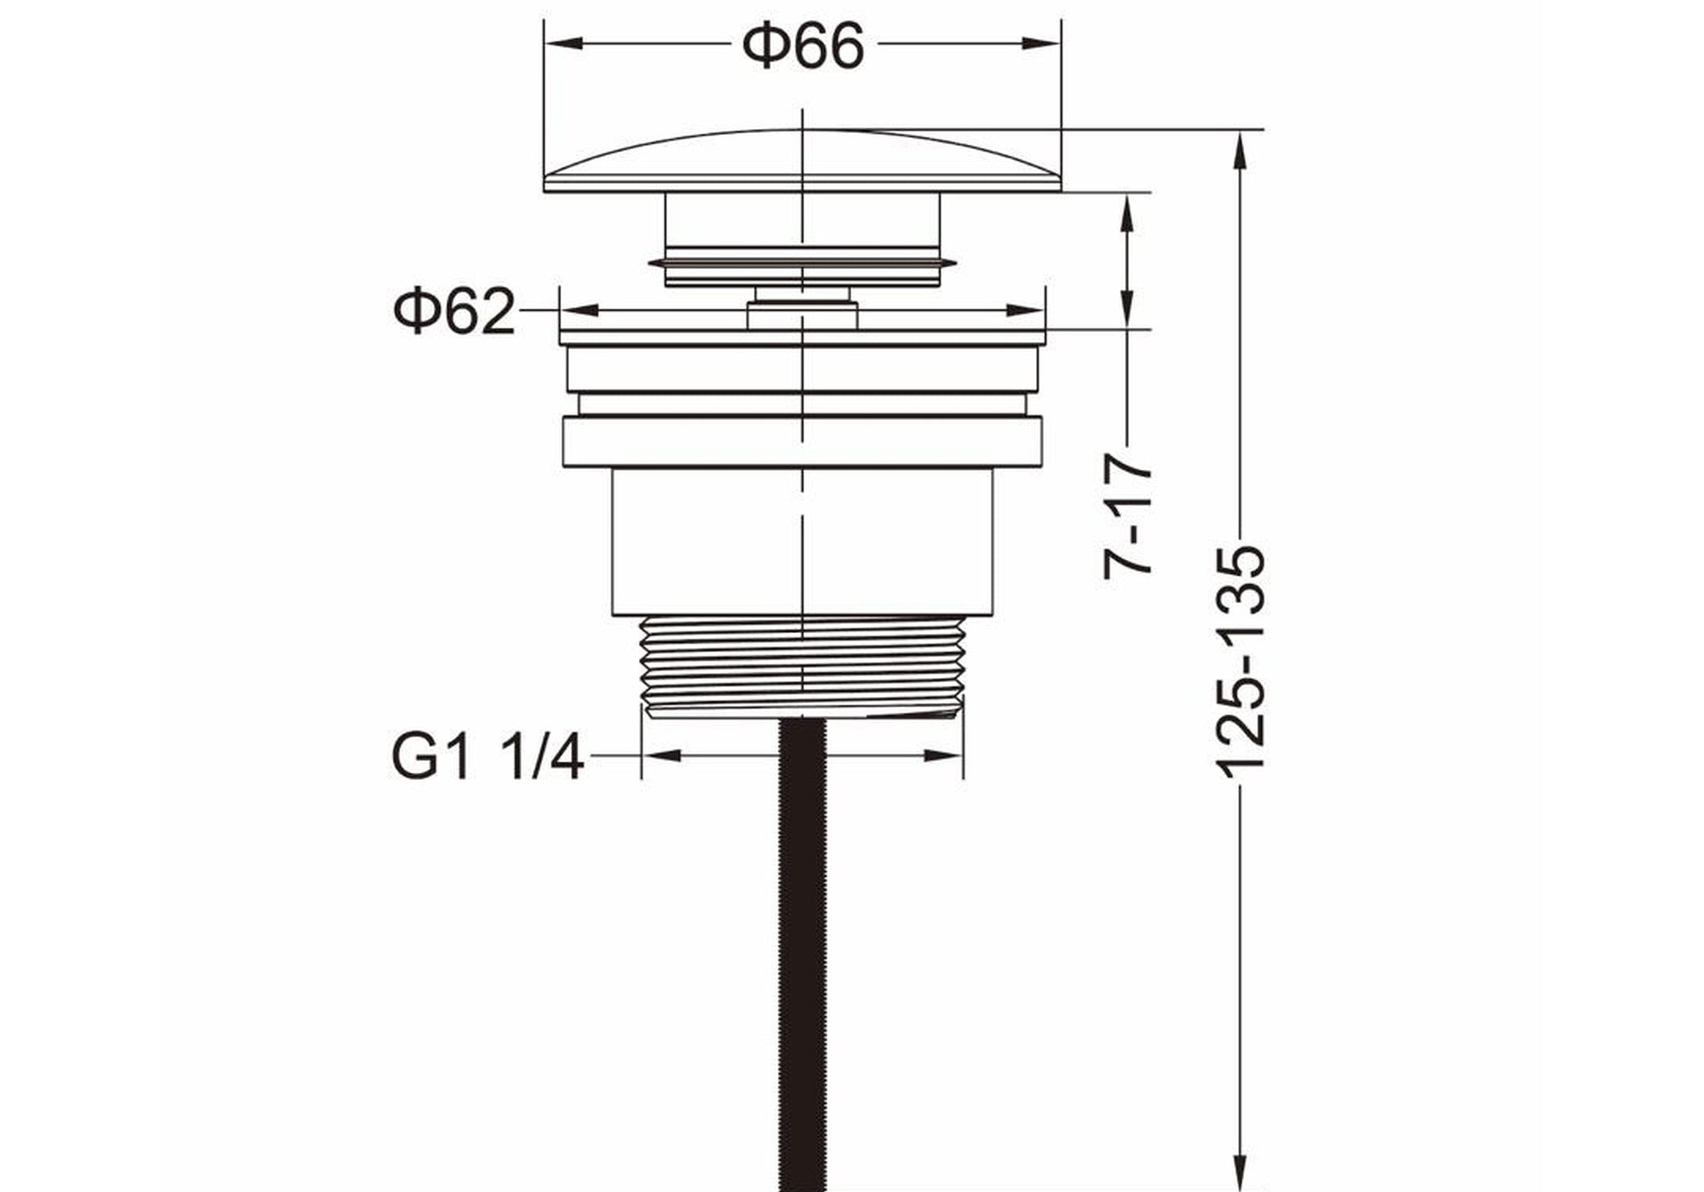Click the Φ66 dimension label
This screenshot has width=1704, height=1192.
coord(803,46)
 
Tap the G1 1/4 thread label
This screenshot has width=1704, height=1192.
coord(487,755)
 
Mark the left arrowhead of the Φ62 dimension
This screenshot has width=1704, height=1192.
coord(579,310)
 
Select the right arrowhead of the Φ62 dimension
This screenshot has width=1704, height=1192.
coord(1025,310)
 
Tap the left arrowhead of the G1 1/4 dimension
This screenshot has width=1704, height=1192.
coord(661,755)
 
